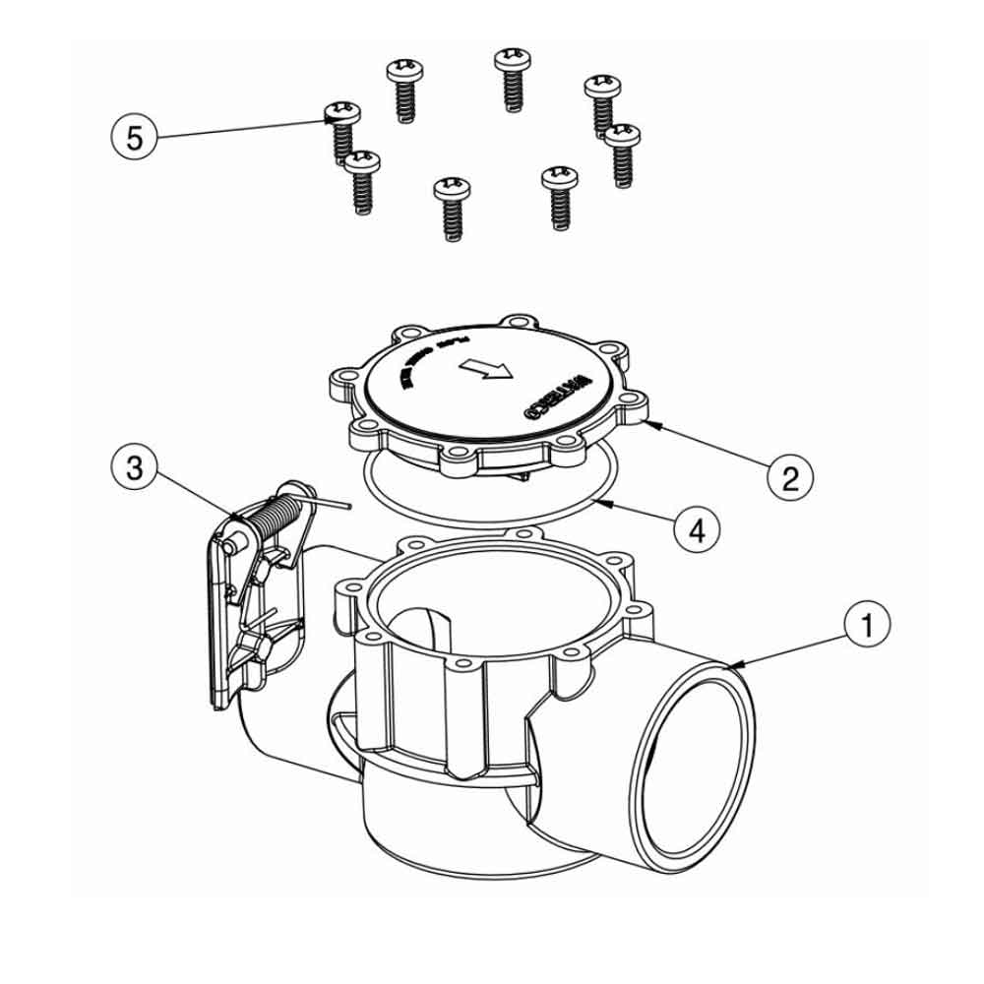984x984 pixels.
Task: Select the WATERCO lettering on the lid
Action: click(557, 394)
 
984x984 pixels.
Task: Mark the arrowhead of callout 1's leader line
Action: click(732, 666)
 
